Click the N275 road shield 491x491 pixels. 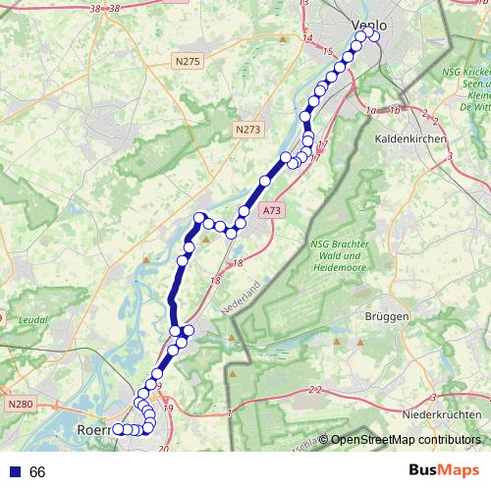(x=188, y=62)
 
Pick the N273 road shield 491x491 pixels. (x=249, y=129)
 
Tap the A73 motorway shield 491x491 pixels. (x=272, y=211)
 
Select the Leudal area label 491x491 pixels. (x=32, y=320)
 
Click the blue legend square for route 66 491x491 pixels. (x=14, y=471)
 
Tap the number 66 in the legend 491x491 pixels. (x=38, y=471)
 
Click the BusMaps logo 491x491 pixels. (x=444, y=470)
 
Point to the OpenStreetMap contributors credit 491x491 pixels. (x=405, y=440)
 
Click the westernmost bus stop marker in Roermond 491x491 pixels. (x=118, y=428)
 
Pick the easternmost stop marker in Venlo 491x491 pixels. (x=374, y=37)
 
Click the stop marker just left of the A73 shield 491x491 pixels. (x=245, y=212)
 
